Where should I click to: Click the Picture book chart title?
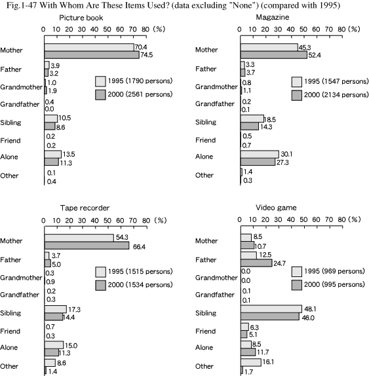81,18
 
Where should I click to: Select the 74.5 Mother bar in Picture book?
92,55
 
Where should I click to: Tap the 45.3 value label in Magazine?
305,47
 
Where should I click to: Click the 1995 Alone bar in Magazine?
260,154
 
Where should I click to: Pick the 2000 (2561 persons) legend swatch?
100,95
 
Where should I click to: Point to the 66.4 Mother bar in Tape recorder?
87,246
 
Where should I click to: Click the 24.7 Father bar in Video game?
256,263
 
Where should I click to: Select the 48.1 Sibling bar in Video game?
271,309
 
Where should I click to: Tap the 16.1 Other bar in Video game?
251,362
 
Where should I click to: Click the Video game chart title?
276,208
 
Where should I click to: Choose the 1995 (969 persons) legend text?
334,271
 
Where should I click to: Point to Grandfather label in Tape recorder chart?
20,295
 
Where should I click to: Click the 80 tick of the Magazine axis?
341,29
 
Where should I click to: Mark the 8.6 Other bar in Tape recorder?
50,363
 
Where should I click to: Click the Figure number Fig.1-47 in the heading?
22,5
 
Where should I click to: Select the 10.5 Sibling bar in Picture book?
51,119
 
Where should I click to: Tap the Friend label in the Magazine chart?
206,140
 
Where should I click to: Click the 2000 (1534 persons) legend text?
140,285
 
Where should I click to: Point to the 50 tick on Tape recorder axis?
107,221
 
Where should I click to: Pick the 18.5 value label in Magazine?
270,119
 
